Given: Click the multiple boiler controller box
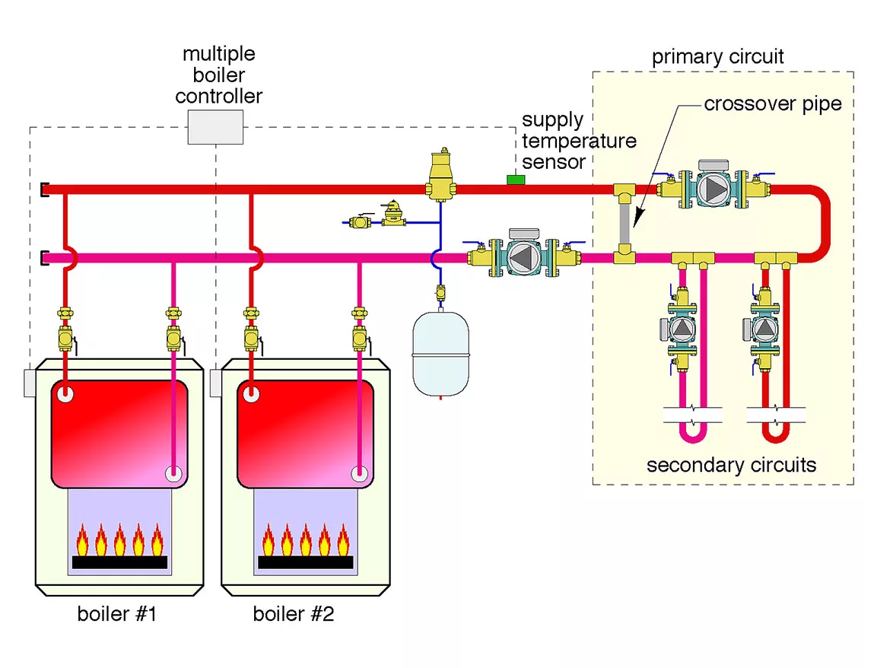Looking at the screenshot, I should (215, 127).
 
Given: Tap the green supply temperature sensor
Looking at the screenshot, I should (517, 180).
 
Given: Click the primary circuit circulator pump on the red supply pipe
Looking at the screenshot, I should (713, 186).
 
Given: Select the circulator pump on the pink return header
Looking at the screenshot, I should (524, 257).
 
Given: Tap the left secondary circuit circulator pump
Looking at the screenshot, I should (682, 328).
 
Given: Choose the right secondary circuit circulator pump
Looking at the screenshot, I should (764, 328).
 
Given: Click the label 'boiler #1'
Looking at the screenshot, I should (116, 614).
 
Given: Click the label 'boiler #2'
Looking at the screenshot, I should (293, 614).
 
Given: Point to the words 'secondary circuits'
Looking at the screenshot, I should (731, 465).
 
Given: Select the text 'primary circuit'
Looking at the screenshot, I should (717, 57).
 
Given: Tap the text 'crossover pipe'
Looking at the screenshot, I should (773, 103).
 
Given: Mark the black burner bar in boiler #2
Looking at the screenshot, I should (305, 562).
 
